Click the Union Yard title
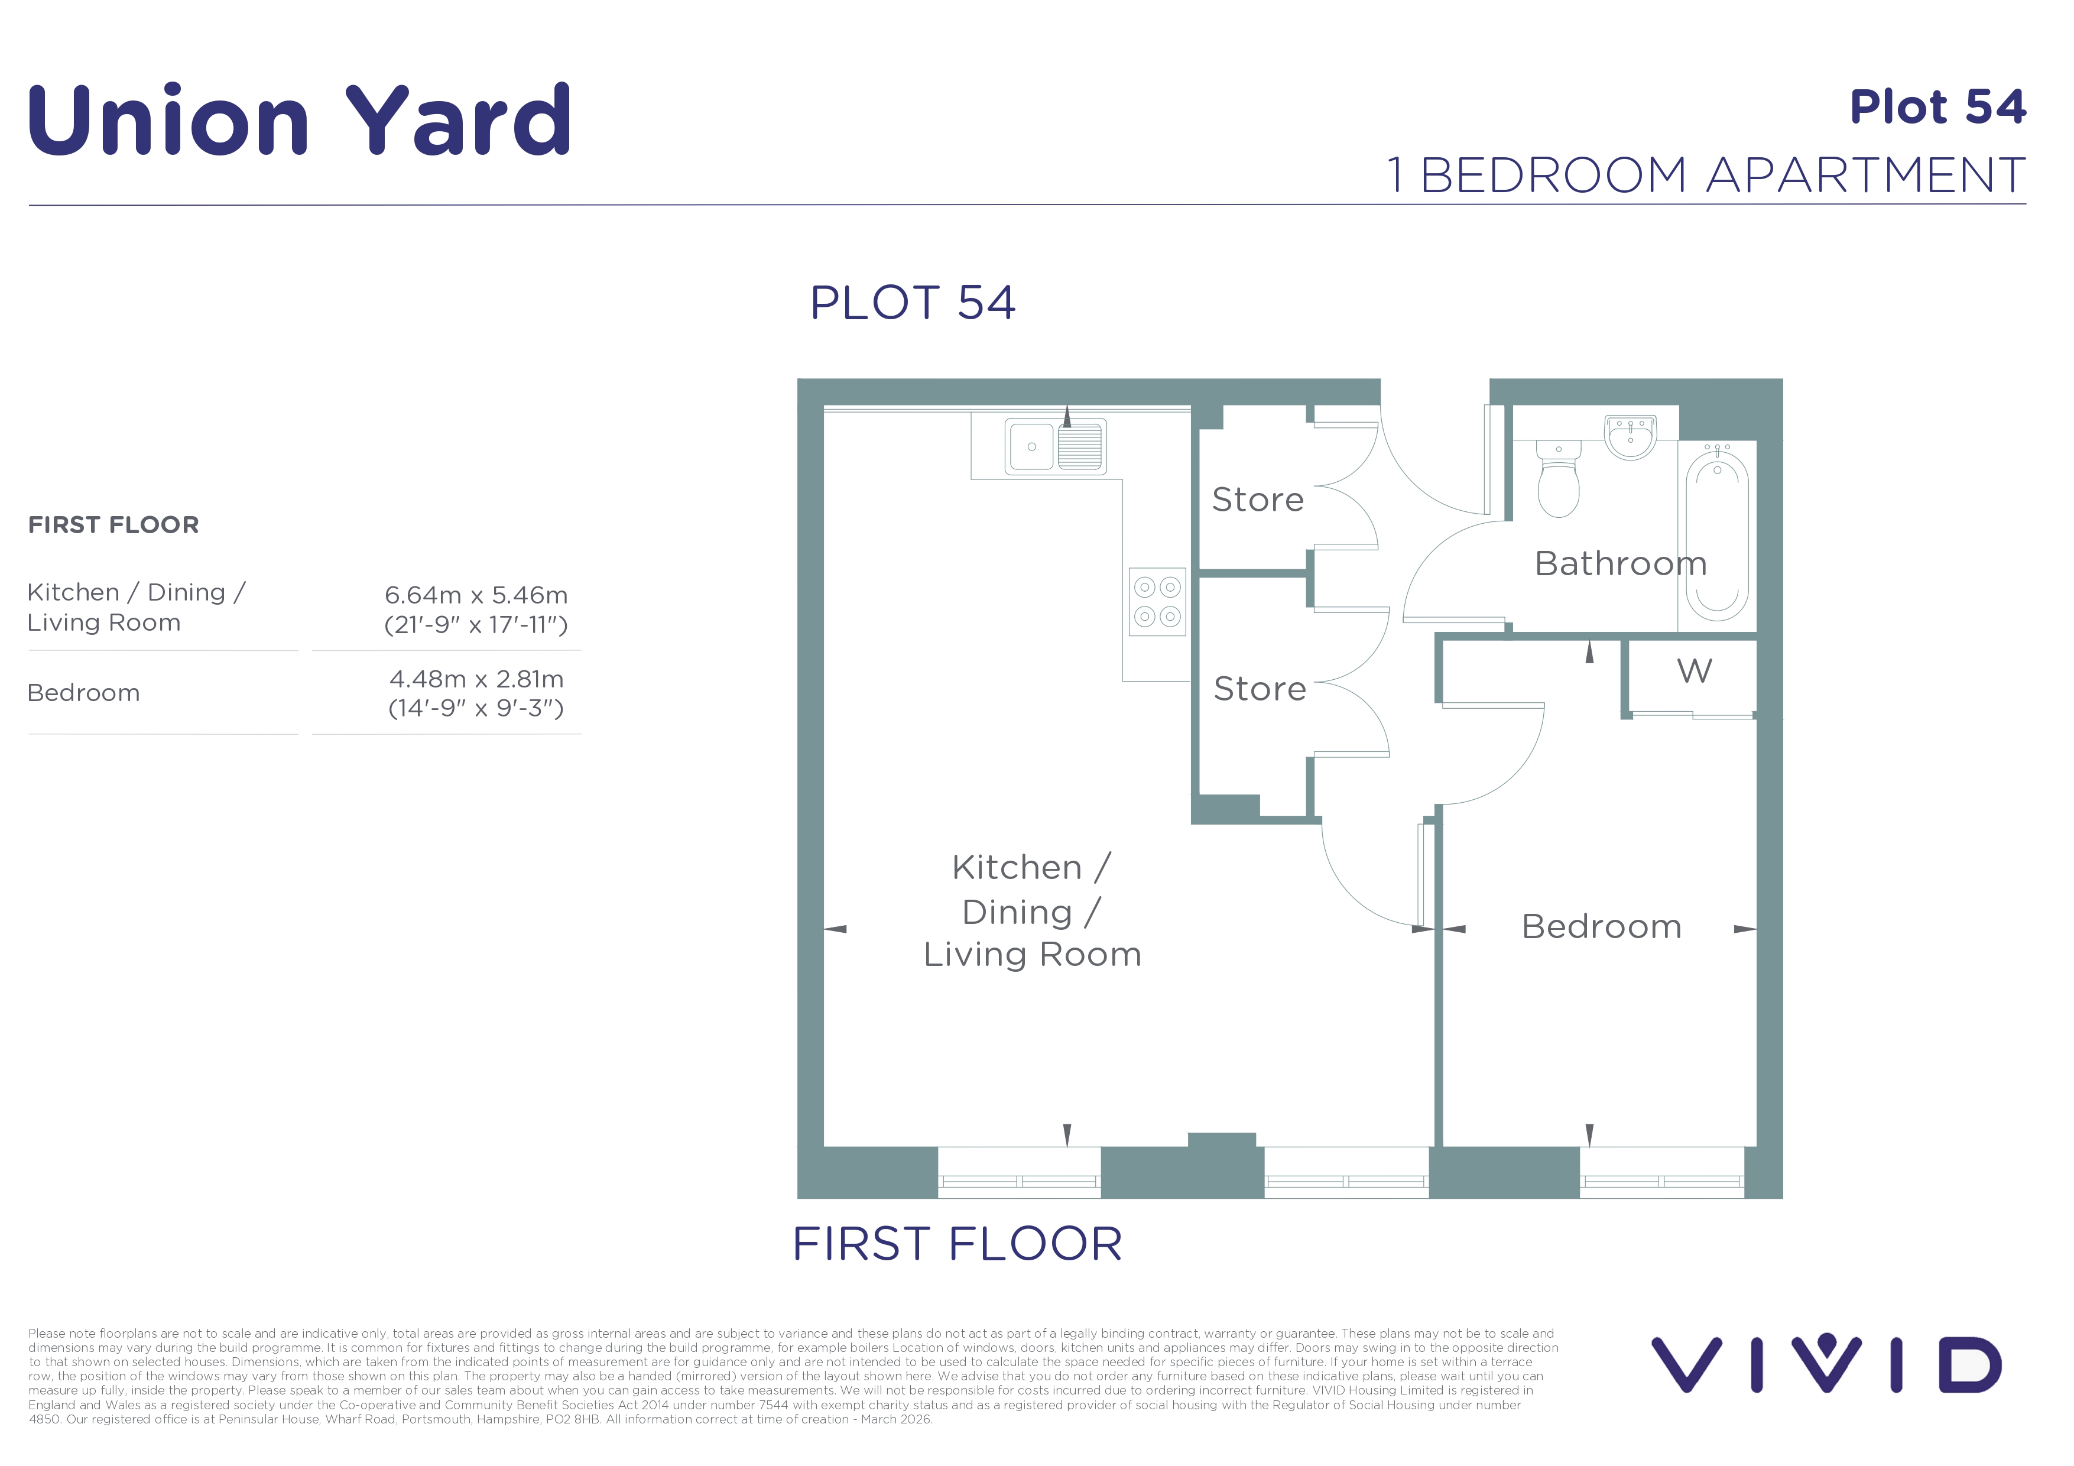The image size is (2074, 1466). coord(299,119)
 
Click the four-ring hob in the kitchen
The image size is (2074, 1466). coord(1157,602)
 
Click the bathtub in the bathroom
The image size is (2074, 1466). coord(1716,536)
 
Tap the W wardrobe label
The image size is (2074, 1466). coord(1694,671)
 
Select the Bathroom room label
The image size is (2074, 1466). coord(1621,563)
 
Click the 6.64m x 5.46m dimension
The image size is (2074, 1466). coord(476,595)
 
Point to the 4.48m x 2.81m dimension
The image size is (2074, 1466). coord(476,679)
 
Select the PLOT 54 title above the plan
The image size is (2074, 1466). coord(913,303)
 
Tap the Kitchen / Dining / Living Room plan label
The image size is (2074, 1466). coord(1033,910)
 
